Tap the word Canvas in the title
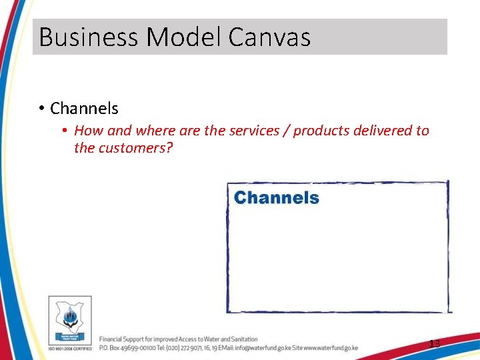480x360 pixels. coord(269,37)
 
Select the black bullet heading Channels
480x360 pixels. coord(84,108)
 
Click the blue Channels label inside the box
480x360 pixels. coord(277,198)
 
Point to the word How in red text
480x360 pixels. coord(88,131)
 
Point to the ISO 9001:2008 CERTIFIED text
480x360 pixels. coord(70,349)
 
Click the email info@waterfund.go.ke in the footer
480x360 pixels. coord(265,347)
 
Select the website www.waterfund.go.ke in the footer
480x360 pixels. coord(331,347)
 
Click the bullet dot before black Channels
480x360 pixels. coord(41,108)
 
